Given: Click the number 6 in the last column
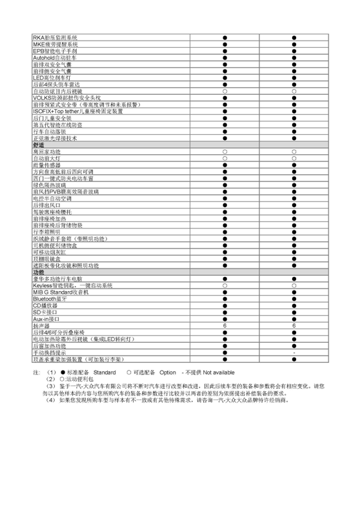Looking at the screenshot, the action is click(293, 326).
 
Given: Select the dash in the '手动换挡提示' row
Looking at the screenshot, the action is click(293, 352).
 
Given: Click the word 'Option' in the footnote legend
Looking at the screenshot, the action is click(167, 372).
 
